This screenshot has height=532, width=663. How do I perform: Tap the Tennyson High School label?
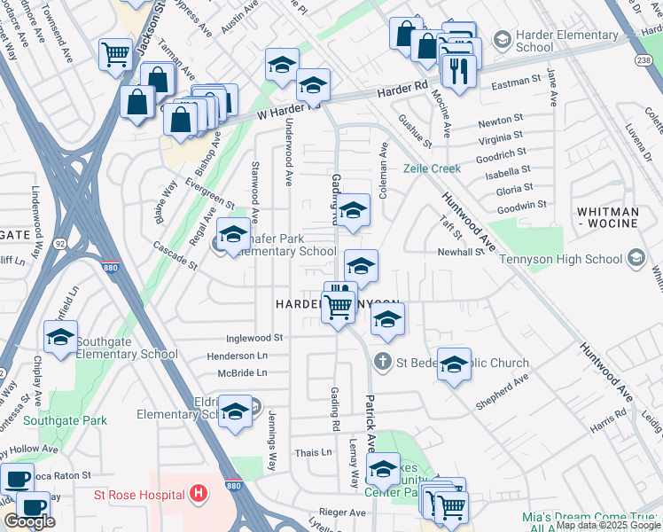561,259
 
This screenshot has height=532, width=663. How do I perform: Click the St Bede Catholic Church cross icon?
382,362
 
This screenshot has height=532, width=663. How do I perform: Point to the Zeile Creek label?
433,168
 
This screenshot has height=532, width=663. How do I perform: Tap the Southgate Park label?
66,420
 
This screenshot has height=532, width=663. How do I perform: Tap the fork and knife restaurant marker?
458,71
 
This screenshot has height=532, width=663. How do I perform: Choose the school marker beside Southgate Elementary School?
60,337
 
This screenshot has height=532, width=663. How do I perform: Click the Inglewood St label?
253,338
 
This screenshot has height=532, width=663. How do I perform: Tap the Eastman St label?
517,81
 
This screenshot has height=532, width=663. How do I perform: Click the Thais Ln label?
314,452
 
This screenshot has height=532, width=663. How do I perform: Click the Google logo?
29,521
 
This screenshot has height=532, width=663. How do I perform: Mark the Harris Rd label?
608,426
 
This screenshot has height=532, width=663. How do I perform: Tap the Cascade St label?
174,255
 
